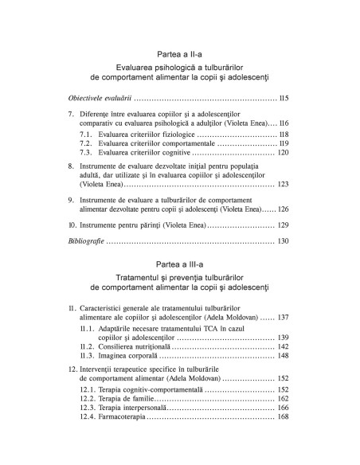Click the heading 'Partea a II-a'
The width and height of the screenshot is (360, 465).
(179, 54)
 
